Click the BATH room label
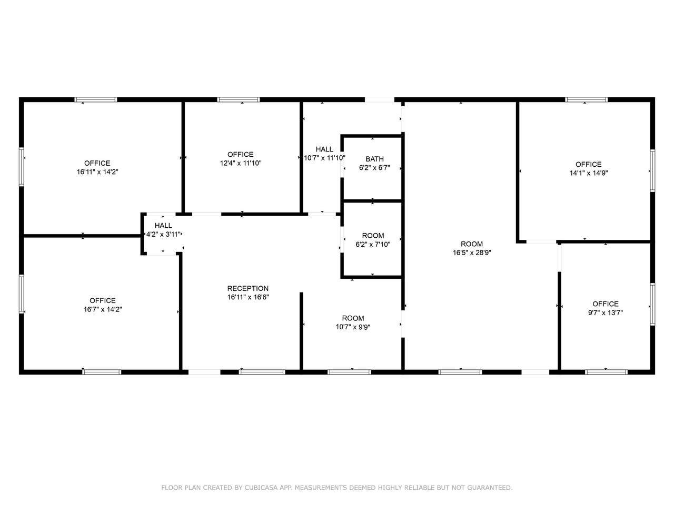point(374,159)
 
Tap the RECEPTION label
point(248,288)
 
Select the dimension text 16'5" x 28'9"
point(472,252)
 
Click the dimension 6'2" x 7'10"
point(373,245)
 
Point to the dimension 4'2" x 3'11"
point(163,234)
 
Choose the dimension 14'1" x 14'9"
point(589,173)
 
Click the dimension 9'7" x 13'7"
point(605,313)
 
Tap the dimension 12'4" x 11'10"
point(241,163)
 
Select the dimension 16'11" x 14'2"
point(97,171)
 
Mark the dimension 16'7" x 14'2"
point(103,309)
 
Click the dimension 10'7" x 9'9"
point(353,327)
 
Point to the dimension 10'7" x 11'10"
point(324,158)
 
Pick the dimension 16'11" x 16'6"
point(248,297)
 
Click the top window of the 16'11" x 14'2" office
point(95,99)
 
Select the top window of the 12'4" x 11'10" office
point(239,99)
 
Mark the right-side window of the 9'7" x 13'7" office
point(652,305)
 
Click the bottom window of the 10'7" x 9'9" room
point(350,372)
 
